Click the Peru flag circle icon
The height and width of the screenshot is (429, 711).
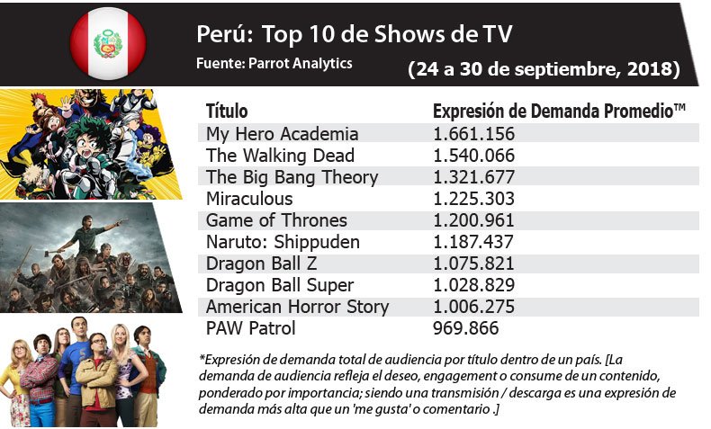point(108,42)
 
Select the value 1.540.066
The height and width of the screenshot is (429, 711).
point(473,156)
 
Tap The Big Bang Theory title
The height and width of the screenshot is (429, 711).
point(292,177)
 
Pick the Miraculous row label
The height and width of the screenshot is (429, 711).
point(249,199)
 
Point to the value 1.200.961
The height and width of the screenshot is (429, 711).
point(473,220)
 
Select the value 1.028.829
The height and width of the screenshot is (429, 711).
point(473,285)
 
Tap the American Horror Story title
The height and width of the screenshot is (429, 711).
point(297,307)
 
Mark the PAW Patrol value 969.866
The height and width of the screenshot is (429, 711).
point(465,328)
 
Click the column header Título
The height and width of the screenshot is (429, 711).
point(227,112)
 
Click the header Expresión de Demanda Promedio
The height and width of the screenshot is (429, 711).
point(559,112)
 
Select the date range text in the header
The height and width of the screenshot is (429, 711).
point(543,68)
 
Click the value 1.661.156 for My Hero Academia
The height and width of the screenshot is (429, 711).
point(473,134)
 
